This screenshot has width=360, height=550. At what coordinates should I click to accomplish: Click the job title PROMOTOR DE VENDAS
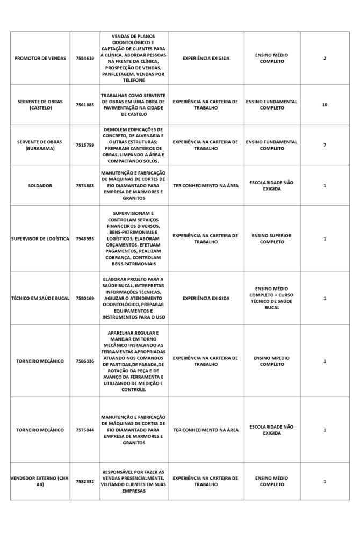pos(40,58)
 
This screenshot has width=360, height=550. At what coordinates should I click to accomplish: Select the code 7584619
pos(85,58)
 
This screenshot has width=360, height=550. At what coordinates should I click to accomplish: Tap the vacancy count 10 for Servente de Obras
pos(325,105)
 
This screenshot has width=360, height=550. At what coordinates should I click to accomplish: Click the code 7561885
pos(85,105)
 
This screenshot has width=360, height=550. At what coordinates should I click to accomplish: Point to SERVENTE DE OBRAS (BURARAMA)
pos(40,145)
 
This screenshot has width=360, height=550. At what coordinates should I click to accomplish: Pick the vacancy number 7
pos(325,145)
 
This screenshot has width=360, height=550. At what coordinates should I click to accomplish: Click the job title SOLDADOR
pos(40,186)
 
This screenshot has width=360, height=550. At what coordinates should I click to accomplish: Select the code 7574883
pos(85,186)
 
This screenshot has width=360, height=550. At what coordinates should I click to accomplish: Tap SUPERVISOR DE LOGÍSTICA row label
pos(40,238)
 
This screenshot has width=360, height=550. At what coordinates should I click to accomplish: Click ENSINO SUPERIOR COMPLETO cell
pos(272,238)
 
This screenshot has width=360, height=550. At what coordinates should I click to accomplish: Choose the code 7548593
pos(85,238)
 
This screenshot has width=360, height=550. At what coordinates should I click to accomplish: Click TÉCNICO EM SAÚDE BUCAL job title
pos(40,298)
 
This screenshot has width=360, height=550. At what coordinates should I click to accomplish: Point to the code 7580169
pos(85,298)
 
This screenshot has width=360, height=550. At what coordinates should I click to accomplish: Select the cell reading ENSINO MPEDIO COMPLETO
pos(272,361)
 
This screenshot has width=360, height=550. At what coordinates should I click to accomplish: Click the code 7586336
pos(85,361)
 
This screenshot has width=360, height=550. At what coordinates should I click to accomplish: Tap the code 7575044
pos(85,430)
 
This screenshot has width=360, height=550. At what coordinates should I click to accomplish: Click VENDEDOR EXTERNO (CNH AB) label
pos(40,481)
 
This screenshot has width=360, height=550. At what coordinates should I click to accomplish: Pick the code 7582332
pos(85,481)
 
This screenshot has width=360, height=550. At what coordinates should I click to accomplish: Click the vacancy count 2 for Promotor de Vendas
pos(325,58)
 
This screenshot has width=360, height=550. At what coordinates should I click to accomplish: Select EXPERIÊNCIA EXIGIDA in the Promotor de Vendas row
pos(205,58)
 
